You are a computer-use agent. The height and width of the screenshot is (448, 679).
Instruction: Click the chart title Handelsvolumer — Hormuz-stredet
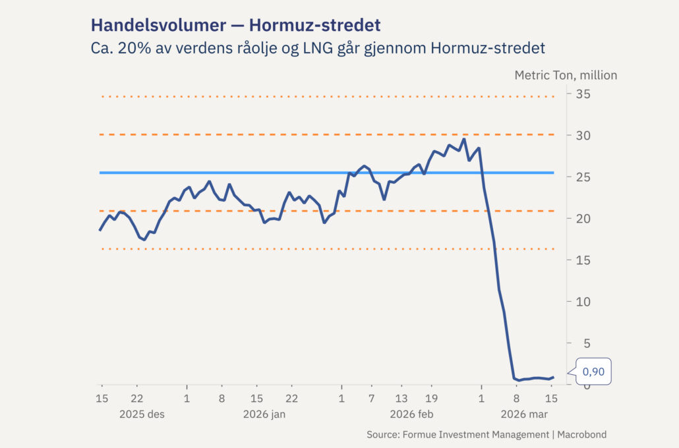click(235, 26)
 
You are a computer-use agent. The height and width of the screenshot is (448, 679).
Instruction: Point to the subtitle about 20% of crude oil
click(318, 49)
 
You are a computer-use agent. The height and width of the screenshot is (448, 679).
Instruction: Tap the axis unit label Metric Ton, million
click(566, 75)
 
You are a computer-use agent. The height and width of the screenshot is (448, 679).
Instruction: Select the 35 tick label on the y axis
click(582, 94)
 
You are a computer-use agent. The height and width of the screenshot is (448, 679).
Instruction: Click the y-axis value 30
click(582, 136)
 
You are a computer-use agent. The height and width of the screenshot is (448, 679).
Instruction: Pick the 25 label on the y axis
click(582, 177)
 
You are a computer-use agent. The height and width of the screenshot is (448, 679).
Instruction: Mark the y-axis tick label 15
click(582, 260)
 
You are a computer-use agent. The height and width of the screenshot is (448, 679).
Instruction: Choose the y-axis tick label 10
click(582, 302)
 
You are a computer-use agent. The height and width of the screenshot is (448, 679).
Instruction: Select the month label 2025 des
click(142, 414)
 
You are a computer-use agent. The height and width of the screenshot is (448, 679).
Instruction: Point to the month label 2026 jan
click(264, 414)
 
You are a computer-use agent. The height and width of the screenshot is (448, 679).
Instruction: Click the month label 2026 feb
click(411, 414)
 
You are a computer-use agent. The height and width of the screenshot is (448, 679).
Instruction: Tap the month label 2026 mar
click(524, 414)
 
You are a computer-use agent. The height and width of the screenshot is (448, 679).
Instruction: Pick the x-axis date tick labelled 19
click(431, 399)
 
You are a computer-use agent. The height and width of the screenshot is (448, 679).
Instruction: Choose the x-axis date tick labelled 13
click(401, 399)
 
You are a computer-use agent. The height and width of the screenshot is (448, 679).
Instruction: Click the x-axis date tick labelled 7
click(371, 399)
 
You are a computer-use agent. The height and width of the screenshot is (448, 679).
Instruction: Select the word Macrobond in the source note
click(581, 435)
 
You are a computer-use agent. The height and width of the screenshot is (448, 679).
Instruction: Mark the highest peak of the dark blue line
click(463, 139)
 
